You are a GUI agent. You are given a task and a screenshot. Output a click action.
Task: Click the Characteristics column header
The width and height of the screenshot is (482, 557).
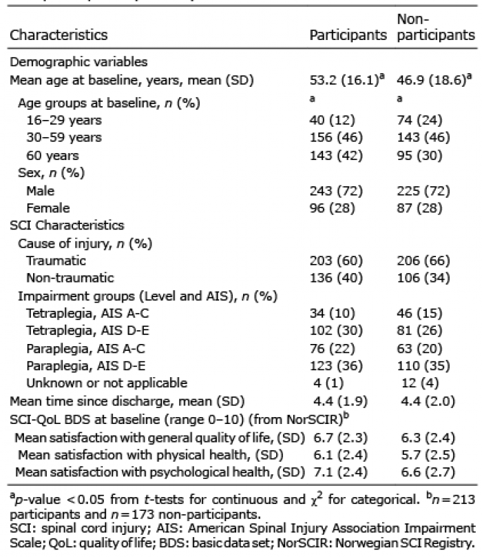pos(59,34)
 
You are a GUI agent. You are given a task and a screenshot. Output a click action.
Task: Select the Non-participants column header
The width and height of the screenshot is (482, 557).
pos(436,27)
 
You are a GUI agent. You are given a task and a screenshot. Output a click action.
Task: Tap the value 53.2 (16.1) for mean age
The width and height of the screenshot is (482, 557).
pos(347,80)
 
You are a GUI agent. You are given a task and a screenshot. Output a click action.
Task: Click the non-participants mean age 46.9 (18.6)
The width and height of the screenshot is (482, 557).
pos(434,80)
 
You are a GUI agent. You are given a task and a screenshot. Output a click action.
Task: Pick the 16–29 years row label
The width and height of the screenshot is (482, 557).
pos(64,120)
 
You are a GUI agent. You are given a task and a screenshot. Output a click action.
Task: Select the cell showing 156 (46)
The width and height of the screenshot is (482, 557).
pos(336,137)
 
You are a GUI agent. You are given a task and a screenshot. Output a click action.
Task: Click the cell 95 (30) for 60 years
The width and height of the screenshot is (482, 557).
pos(419,155)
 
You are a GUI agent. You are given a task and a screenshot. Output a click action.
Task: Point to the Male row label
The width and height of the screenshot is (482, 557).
pos(41,191)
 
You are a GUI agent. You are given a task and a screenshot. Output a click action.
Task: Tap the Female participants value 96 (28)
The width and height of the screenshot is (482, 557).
pos(332,207)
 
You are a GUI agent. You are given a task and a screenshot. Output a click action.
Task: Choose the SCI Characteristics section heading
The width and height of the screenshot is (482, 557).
pos(67,225)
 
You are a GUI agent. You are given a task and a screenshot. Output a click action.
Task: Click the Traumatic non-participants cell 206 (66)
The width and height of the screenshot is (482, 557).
pos(423,261)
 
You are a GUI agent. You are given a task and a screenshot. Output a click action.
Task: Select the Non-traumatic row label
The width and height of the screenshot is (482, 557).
pos(70,277)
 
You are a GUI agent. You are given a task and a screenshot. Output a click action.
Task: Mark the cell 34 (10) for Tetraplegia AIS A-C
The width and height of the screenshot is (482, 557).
pos(332,313)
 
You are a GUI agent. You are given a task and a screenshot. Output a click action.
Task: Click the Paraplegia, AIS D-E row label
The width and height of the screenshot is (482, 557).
pos(86,365)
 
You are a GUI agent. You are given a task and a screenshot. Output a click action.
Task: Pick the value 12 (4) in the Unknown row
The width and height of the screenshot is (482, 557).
pos(420,383)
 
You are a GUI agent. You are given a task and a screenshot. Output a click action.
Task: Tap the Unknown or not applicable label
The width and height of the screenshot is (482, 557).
pos(107,383)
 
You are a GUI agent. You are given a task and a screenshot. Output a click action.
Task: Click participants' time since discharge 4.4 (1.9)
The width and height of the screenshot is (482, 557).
pos(340,401)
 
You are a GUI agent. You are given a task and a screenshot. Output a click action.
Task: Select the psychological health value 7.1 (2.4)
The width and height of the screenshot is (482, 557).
pos(340,472)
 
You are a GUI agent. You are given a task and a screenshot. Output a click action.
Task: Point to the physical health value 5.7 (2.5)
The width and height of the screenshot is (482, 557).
pos(428,455)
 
